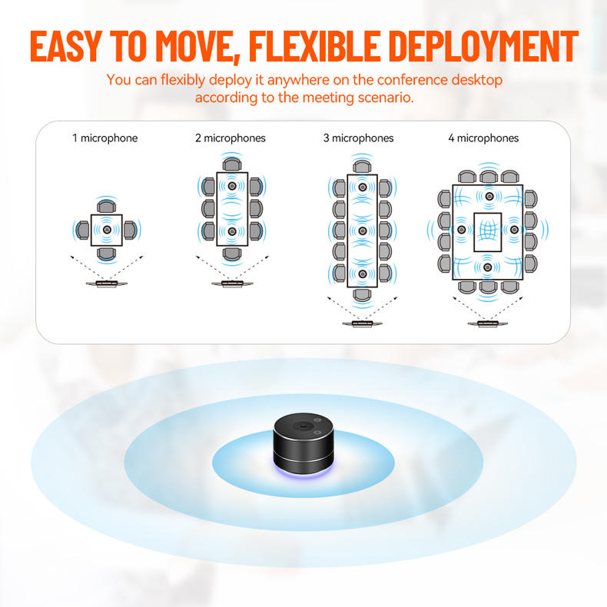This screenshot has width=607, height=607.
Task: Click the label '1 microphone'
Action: pyautogui.click(x=105, y=138)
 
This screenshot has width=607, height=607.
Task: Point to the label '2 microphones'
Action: pyautogui.click(x=231, y=138)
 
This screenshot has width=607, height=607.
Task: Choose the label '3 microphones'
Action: pyautogui.click(x=358, y=138)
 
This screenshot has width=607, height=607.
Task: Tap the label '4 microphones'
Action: pyautogui.click(x=483, y=138)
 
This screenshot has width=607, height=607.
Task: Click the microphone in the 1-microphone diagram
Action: pyautogui.click(x=107, y=229)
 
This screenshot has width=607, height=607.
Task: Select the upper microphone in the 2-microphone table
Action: pyautogui.click(x=232, y=187)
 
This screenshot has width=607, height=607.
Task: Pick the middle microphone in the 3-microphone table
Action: pyautogui.click(x=362, y=231)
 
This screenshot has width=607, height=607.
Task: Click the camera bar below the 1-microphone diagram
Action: pyautogui.click(x=106, y=283)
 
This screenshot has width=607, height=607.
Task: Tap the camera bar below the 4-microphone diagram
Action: pyautogui.click(x=487, y=323)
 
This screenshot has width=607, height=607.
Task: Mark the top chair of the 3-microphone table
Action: pyautogui.click(x=362, y=165)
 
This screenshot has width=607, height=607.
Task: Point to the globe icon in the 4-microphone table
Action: pyautogui.click(x=488, y=231)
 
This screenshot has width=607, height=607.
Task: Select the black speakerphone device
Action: pyautogui.click(x=304, y=446)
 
